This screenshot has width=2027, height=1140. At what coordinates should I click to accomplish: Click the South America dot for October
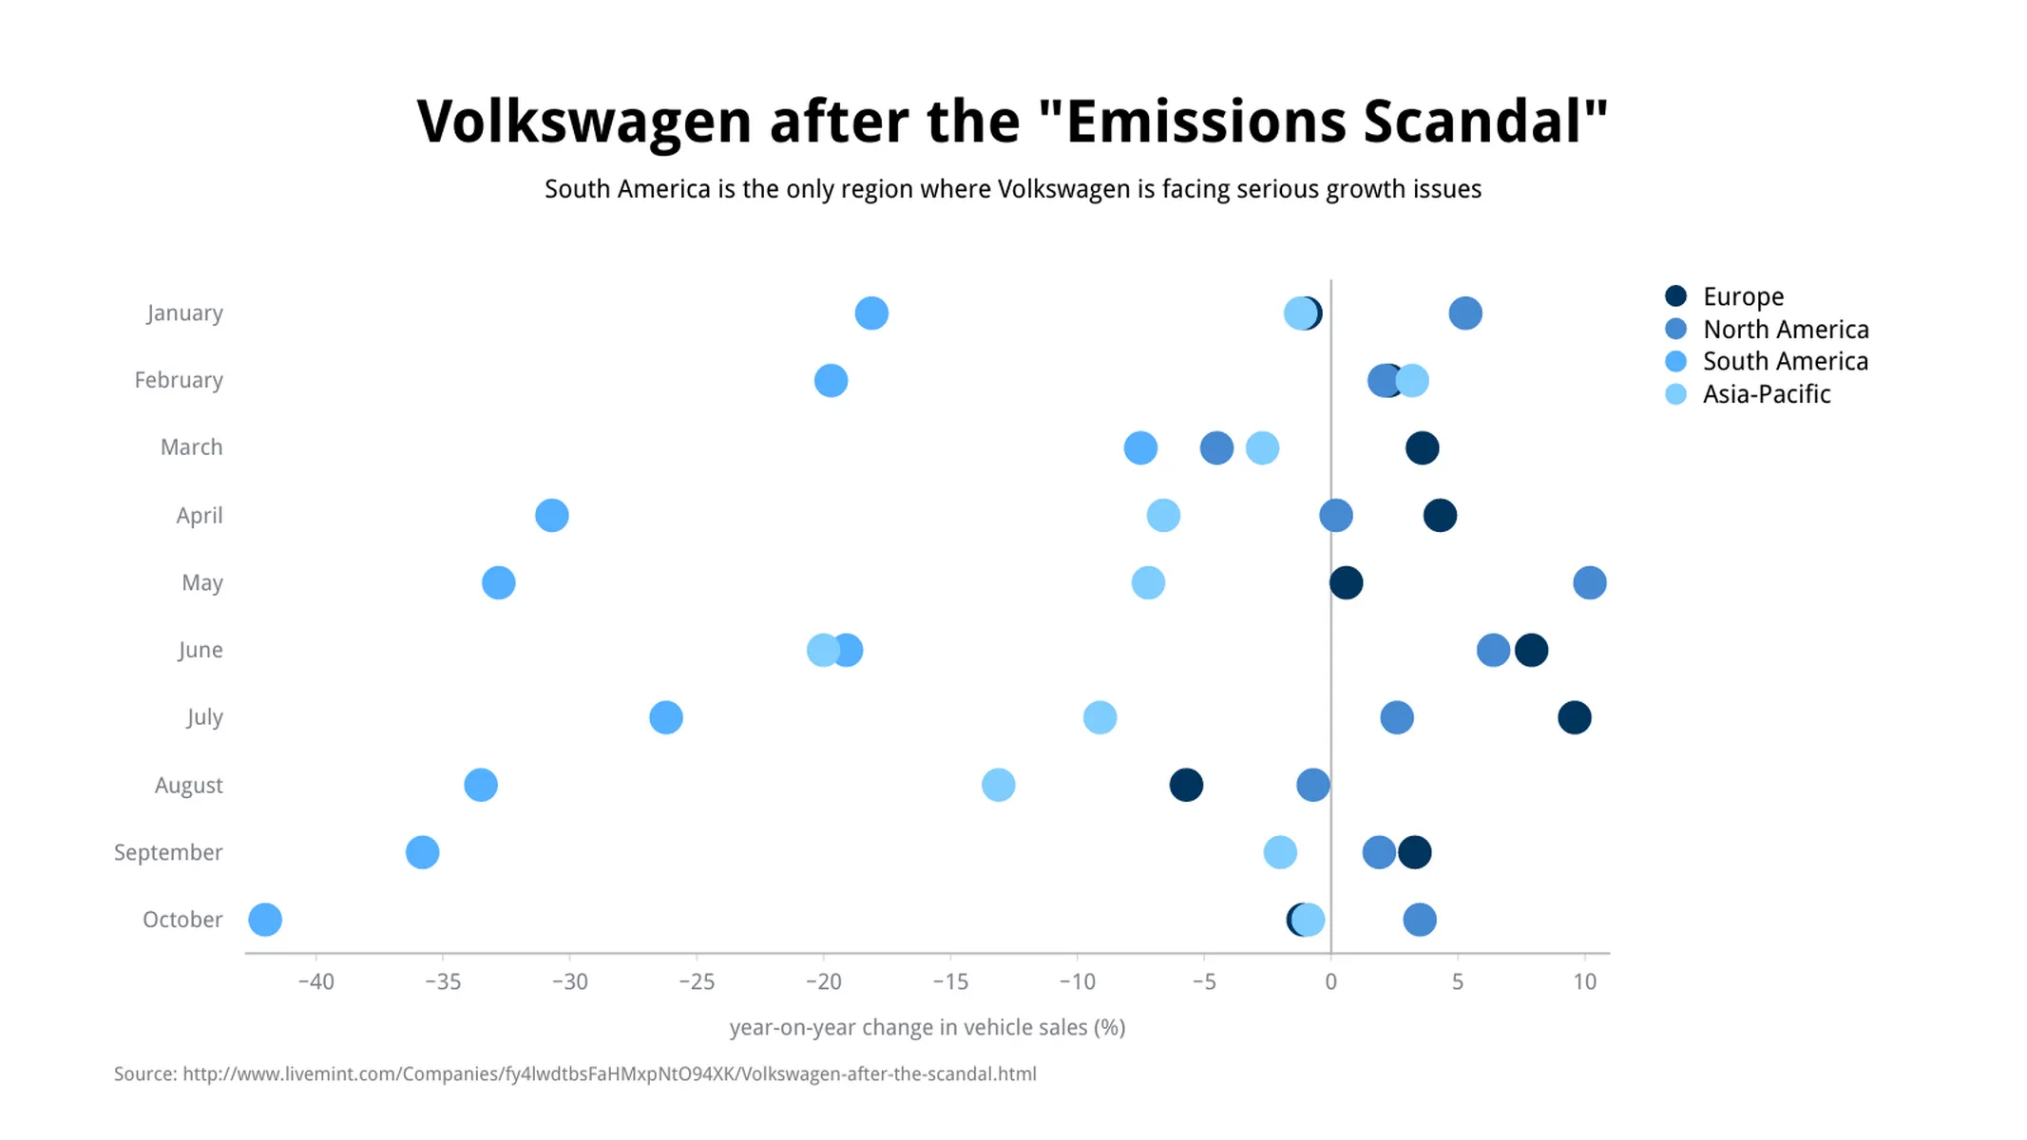point(265,920)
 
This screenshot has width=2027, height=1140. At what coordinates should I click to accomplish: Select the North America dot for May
point(1590,582)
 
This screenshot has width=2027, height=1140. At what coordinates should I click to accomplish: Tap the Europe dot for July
point(1575,717)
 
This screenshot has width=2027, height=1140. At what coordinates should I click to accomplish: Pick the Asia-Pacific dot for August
point(998,785)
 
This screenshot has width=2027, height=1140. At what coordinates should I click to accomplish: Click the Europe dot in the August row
point(1186,785)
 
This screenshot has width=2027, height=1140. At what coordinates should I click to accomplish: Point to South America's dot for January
point(871,313)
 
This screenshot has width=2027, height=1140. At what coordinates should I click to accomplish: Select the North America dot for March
point(1216,447)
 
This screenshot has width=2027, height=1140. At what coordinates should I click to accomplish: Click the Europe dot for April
point(1440,516)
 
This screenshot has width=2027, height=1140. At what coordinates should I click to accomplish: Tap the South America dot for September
point(423,852)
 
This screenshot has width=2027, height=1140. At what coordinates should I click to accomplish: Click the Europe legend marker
point(1676,296)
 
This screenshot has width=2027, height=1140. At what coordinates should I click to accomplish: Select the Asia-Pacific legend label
point(1766,394)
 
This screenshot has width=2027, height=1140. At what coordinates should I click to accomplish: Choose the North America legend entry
point(1785,330)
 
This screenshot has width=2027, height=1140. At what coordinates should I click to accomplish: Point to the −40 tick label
point(316,982)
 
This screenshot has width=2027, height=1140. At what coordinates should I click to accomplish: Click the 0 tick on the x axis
point(1330,982)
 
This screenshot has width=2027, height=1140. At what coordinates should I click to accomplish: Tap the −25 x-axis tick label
point(697,982)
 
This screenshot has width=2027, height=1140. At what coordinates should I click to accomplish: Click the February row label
point(179,380)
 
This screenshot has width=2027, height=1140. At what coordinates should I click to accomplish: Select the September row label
point(168,852)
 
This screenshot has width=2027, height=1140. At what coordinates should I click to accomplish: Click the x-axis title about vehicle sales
point(927,1027)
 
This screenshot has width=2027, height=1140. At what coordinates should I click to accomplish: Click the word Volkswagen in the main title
point(583,122)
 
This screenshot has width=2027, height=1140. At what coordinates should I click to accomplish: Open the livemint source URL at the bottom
point(608,1073)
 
